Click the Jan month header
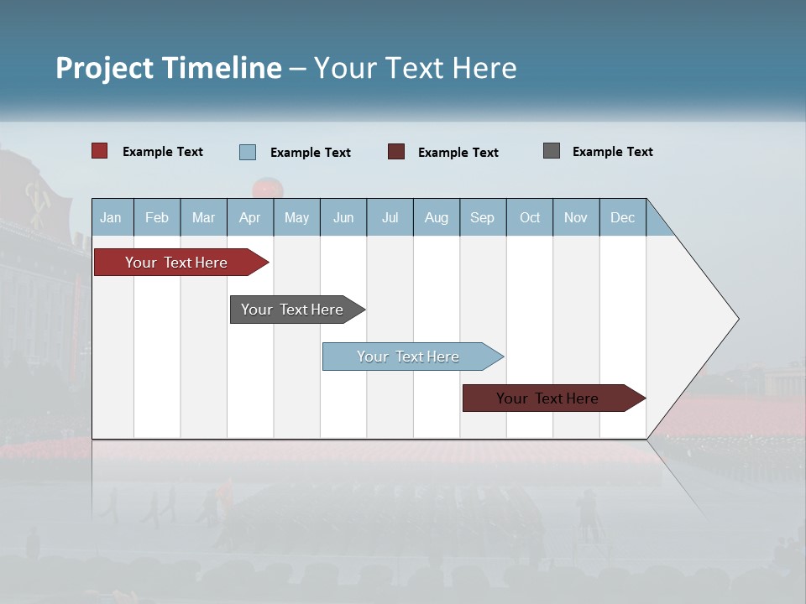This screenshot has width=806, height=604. pos(111,217)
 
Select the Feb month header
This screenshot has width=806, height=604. pos(157,217)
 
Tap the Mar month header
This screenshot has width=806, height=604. pos(203,217)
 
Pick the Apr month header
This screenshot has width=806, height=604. pos(249,217)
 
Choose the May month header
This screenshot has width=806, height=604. pos(296,217)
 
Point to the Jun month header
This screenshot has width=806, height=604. pos(343,217)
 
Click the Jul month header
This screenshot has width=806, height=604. pos(390,217)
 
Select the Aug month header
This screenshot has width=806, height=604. pos(437,217)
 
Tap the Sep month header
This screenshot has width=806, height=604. pos(482,217)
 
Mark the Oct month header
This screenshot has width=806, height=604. pos(530,217)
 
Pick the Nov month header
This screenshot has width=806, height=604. pos(576,217)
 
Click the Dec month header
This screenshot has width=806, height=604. pos(622,217)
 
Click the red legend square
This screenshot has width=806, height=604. pos(100,151)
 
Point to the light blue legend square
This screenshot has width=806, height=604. pos(248,152)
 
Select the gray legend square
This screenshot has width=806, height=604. pos(552,151)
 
